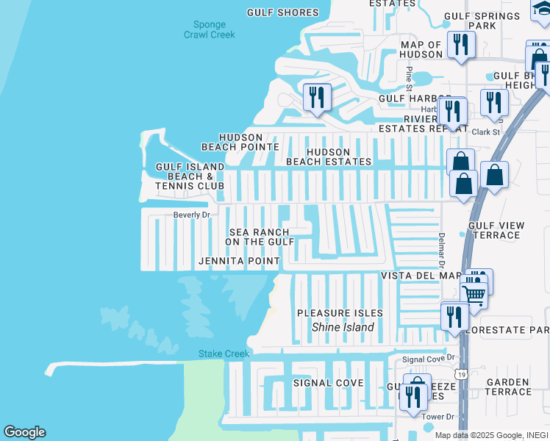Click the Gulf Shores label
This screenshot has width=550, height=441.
tap(283, 12)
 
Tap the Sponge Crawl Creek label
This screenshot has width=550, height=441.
tap(210, 29)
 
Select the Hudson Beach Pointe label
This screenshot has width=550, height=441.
tap(240, 142)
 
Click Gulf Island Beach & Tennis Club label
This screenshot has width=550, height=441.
tap(190, 176)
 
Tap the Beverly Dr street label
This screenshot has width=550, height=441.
tap(192, 215)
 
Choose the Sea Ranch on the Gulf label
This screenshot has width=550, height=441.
tap(260, 237)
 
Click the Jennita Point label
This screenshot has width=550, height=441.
tap(239, 261)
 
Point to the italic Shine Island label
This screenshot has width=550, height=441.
tap(343, 327)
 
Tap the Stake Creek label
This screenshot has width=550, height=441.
tap(224, 354)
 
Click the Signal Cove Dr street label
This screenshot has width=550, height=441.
tap(429, 359)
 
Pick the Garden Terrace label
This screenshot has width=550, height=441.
tap(508, 387)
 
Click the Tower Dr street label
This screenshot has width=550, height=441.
tap(439, 417)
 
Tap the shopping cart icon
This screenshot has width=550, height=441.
tap(474, 294)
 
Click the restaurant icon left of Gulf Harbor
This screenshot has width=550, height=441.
tap(317, 97)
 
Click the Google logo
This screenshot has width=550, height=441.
tap(24, 432)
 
